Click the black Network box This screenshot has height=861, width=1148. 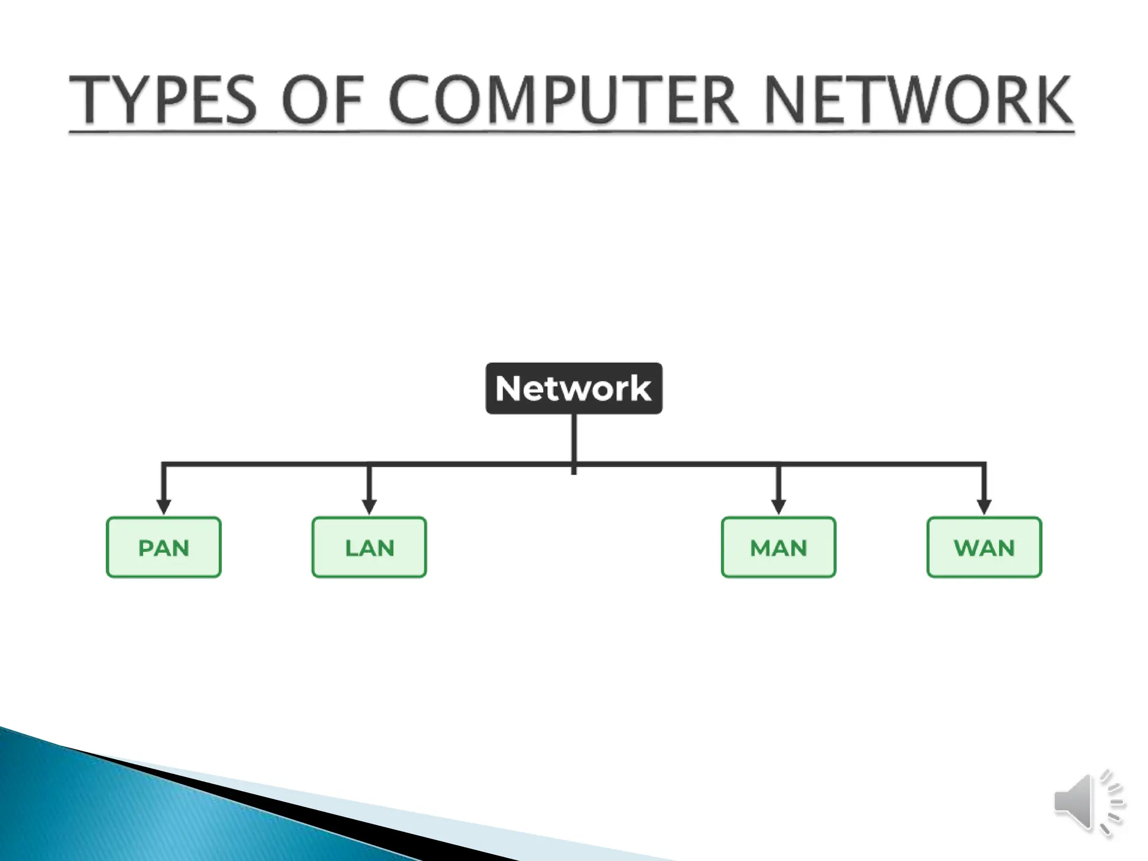tap(573, 388)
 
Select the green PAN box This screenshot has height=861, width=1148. tap(164, 547)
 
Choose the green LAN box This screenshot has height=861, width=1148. tap(369, 547)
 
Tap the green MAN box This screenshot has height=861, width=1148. tap(778, 547)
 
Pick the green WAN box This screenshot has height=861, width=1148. tap(984, 547)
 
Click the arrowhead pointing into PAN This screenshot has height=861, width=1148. tap(164, 507)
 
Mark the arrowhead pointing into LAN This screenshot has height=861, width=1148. tap(369, 507)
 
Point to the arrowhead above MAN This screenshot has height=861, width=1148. tap(778, 507)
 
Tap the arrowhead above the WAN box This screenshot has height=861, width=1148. tap(984, 507)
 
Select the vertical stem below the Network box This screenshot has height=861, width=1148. tap(573, 440)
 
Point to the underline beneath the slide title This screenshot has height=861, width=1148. tap(571, 132)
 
